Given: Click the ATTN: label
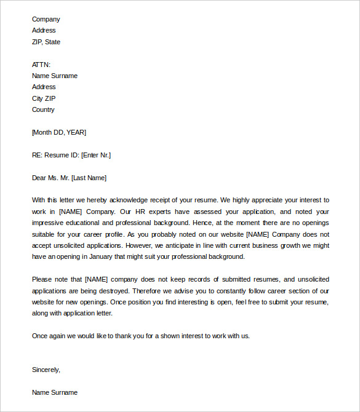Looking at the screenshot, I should (41, 65).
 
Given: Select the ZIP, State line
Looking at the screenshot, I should (46, 42).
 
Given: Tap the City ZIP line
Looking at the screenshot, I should (44, 98).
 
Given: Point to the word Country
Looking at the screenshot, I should (43, 109).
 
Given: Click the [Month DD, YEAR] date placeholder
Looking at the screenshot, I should (59, 132).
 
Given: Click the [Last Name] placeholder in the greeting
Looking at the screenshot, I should (89, 178).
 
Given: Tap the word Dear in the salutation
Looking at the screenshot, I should (39, 178).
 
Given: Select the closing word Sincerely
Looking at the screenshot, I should (46, 370).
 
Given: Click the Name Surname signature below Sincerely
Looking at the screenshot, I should (55, 392).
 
